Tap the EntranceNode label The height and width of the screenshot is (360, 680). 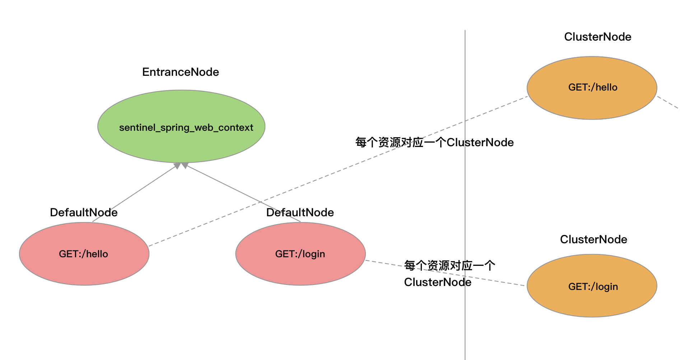[x=181, y=72]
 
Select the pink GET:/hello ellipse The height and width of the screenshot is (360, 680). [x=84, y=269]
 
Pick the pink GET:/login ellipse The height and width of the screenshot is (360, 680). [x=301, y=269]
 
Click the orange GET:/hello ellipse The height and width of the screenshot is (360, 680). [x=592, y=104]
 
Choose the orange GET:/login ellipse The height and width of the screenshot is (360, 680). [x=592, y=302]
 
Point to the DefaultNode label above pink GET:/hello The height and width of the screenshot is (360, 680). [x=84, y=212]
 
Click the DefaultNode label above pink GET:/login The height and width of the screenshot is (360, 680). [x=300, y=212]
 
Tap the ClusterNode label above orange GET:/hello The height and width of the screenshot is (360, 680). [x=598, y=37]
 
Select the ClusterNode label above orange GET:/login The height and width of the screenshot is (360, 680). [x=593, y=239]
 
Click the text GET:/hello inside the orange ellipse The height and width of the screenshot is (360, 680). [x=593, y=87]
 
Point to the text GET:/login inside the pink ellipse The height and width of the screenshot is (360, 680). [x=300, y=254]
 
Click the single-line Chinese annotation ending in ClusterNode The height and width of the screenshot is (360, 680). [x=434, y=142]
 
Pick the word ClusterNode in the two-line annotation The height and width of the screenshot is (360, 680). [x=438, y=282]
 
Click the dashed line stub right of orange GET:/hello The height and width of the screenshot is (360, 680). [x=668, y=102]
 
